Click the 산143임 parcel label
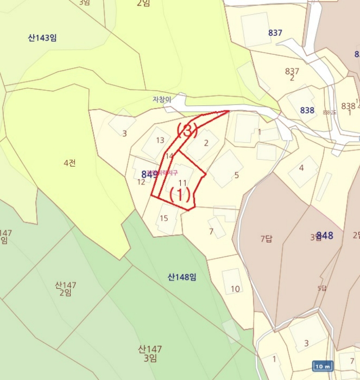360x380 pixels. click(42, 38)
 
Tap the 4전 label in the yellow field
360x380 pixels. click(69, 162)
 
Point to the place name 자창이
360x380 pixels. click(162, 99)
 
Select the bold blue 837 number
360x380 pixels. click(275, 33)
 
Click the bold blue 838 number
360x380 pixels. click(307, 110)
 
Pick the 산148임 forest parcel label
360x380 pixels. click(182, 277)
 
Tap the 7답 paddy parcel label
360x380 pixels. click(266, 238)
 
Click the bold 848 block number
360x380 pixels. click(325, 235)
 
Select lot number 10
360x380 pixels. click(235, 289)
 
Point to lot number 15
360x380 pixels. click(164, 219)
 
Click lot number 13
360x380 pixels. click(160, 140)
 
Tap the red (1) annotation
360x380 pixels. click(180, 194)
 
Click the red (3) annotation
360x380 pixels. click(187, 131)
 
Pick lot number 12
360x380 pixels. click(141, 182)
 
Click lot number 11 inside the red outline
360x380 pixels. click(182, 183)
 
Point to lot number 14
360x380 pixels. click(169, 156)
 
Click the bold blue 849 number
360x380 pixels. click(149, 174)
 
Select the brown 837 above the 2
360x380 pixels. click(292, 71)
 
